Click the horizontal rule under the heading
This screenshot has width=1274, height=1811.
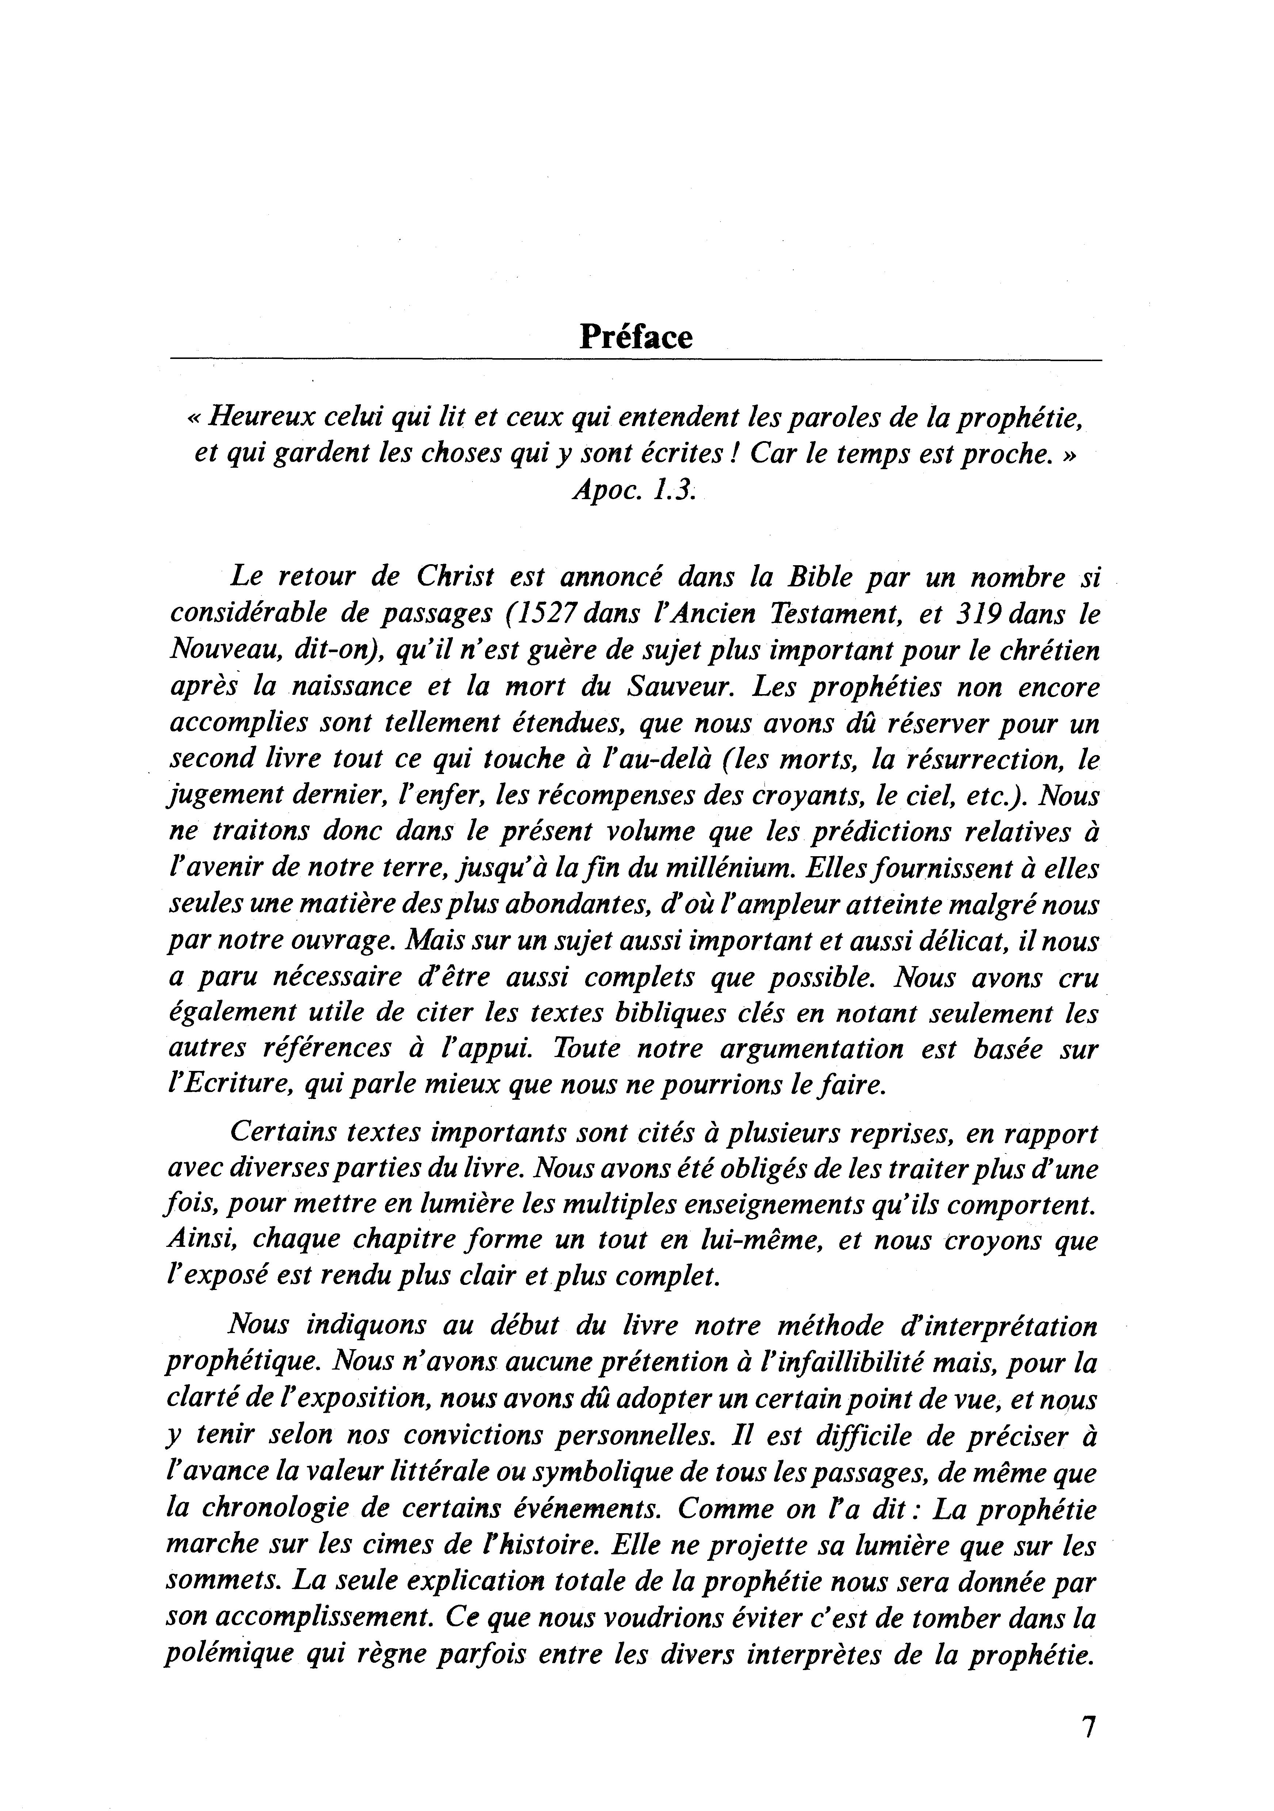click(636, 361)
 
